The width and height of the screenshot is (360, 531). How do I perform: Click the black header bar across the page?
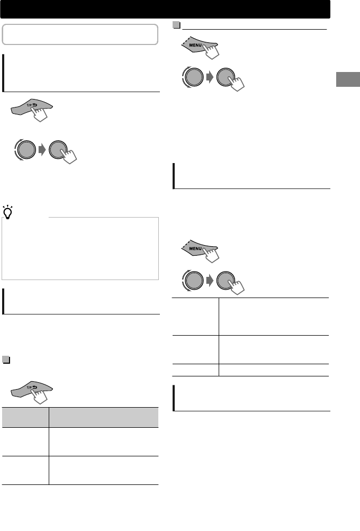click(165, 9)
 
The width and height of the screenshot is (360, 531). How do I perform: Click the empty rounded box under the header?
click(80, 34)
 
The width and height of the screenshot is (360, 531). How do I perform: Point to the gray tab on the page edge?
click(348, 79)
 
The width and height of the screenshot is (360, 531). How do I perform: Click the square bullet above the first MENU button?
click(176, 25)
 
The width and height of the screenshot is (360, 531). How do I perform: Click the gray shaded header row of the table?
click(80, 417)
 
